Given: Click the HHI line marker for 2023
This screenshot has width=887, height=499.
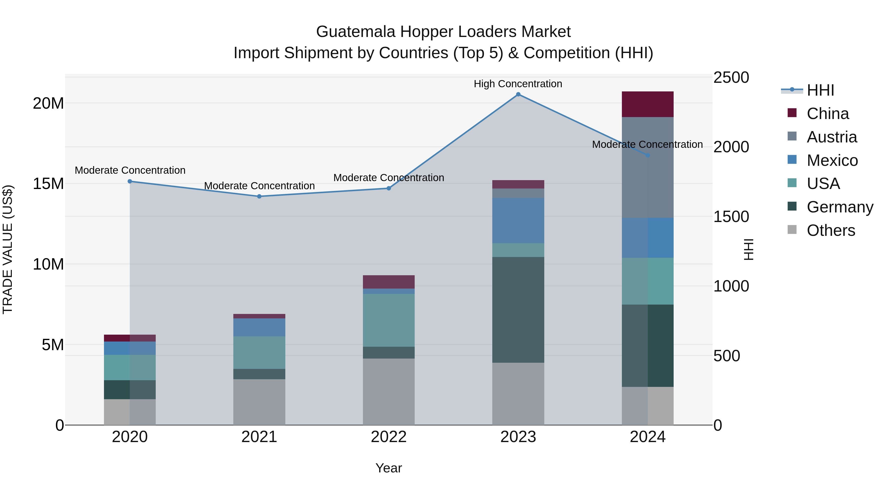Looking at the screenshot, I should tap(518, 94).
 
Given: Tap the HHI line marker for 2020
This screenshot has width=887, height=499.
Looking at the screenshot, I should tap(130, 181).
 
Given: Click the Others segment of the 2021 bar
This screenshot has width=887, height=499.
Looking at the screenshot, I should tap(259, 402).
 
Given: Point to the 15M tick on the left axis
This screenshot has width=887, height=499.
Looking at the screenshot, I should tap(48, 184).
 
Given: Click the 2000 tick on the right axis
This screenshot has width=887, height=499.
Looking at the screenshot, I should tap(731, 147).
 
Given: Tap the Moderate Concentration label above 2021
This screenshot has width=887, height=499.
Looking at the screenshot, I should tap(259, 186).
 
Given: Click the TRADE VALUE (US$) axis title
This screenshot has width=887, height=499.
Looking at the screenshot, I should tap(8, 249).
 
